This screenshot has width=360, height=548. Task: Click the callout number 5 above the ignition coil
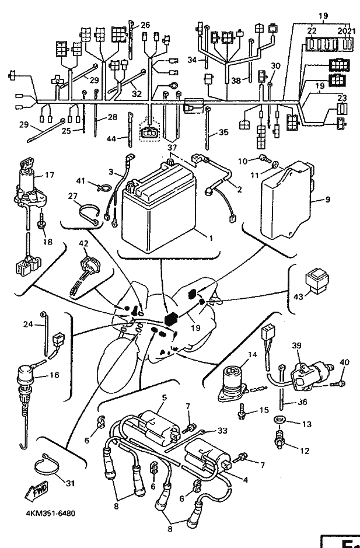[x=165, y=398]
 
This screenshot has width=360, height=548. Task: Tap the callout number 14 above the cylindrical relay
[x=252, y=355]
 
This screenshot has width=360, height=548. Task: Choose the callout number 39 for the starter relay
[x=296, y=346]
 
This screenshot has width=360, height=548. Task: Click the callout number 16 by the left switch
[x=54, y=375]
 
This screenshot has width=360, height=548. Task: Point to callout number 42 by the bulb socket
[x=83, y=243]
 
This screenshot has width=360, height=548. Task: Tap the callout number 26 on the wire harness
[x=145, y=26]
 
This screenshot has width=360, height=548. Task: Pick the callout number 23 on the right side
[x=342, y=99]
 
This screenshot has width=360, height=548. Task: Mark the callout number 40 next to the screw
[x=344, y=363]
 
